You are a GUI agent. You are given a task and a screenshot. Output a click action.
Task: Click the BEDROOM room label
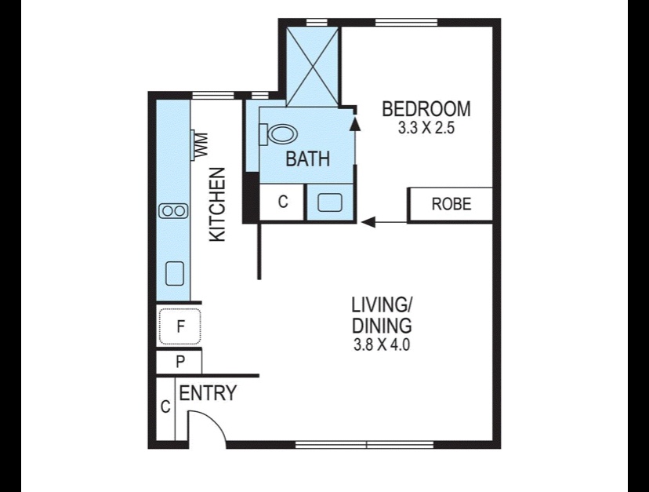[426, 109]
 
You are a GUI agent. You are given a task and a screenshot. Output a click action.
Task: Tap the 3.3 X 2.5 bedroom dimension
[426, 128]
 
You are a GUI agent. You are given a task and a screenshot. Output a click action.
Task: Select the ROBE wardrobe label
[451, 204]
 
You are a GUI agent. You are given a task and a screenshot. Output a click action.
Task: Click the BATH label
[308, 159]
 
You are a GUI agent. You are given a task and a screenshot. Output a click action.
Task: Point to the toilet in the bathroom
[278, 134]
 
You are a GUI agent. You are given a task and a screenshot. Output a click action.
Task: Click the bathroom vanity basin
[330, 202]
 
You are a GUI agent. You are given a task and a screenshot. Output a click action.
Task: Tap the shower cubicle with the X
[313, 67]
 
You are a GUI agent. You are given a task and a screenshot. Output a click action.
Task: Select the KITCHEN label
[217, 204]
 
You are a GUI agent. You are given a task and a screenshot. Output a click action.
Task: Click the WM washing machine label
[202, 145]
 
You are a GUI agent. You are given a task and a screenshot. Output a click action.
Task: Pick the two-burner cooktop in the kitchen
[173, 211]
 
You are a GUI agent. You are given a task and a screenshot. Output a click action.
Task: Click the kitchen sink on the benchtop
[175, 274]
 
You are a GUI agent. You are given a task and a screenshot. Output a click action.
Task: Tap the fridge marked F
[180, 326]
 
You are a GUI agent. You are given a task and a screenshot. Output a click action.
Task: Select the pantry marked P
[179, 363]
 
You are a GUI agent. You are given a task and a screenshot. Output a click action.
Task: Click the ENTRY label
[208, 393]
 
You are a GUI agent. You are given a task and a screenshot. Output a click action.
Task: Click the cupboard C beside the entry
[165, 407]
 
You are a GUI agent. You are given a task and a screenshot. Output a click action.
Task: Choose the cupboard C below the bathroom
[283, 202]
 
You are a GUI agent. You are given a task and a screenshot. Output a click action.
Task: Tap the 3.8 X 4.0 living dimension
[382, 344]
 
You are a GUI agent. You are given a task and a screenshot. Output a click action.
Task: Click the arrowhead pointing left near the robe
[368, 222]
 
